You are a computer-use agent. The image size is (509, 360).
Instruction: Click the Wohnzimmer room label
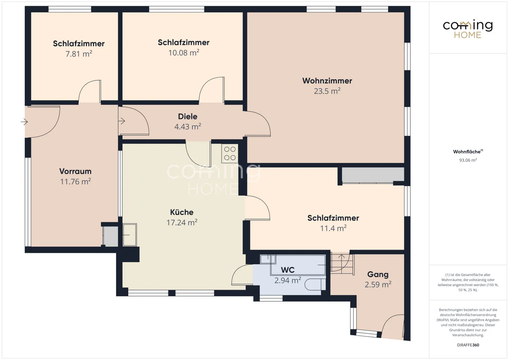(x=327, y=81)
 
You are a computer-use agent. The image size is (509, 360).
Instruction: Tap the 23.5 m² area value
(x=327, y=91)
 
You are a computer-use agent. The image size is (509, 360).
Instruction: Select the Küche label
(x=182, y=212)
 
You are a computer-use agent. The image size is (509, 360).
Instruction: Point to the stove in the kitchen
(x=230, y=153)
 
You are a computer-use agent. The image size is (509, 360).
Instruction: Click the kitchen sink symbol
(x=129, y=235)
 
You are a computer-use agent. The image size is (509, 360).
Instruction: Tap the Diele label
(x=187, y=117)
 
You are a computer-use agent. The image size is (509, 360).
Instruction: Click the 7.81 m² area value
(x=78, y=54)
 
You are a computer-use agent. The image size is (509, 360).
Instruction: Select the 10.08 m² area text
(x=183, y=53)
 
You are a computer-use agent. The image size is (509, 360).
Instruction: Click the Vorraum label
(x=75, y=171)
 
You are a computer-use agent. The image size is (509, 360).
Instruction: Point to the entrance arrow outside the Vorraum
(x=24, y=122)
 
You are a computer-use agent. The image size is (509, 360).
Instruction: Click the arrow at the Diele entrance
(x=122, y=121)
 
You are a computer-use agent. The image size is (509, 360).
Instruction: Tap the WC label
(x=288, y=270)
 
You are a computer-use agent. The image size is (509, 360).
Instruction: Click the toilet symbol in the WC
(x=315, y=284)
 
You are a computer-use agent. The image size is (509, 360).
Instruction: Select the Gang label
(x=378, y=275)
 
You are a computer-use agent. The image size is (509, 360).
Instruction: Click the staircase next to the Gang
(x=342, y=264)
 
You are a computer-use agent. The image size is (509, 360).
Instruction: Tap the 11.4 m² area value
(x=333, y=228)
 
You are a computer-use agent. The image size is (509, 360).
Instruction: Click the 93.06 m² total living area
(x=468, y=160)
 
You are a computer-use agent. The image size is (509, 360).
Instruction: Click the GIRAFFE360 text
(x=468, y=345)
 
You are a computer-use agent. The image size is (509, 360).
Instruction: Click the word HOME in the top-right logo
(x=468, y=35)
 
